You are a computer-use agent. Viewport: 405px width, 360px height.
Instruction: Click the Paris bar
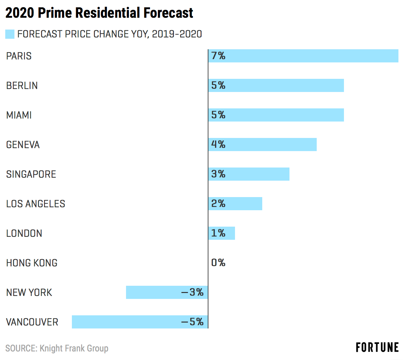[x=303, y=56]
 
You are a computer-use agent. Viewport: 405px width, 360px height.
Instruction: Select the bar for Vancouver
[x=140, y=322]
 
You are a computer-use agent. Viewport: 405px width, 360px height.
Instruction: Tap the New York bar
[x=167, y=292]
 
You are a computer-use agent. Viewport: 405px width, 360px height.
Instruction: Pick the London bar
[x=222, y=233]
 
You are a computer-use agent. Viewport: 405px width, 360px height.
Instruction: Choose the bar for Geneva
[x=263, y=145]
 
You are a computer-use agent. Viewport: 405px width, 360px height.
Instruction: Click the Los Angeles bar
[x=235, y=204]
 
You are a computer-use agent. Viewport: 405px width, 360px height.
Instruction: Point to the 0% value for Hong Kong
[x=218, y=262]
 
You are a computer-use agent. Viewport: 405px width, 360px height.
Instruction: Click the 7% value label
[x=218, y=56]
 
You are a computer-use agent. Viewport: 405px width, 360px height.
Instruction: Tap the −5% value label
[x=192, y=322]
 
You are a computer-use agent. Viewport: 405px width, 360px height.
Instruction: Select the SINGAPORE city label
[x=31, y=174]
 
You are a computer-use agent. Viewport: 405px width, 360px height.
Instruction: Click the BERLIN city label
[x=22, y=85]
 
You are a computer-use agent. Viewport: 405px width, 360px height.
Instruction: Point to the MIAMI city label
[x=19, y=115]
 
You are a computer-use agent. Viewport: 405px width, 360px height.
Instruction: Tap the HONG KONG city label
[x=32, y=263]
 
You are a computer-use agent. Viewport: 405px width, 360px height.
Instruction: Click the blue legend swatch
[x=10, y=34]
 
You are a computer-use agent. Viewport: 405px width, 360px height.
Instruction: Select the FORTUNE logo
[x=377, y=347]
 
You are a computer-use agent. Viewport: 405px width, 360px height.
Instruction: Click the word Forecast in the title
[x=168, y=13]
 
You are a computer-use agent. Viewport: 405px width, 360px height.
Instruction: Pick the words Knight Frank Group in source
[x=74, y=349]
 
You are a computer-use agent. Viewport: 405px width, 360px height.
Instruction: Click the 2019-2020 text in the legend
[x=177, y=34]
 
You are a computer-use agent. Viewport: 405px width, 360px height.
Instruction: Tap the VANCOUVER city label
[x=32, y=322]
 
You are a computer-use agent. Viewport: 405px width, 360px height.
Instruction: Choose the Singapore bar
[x=249, y=174]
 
